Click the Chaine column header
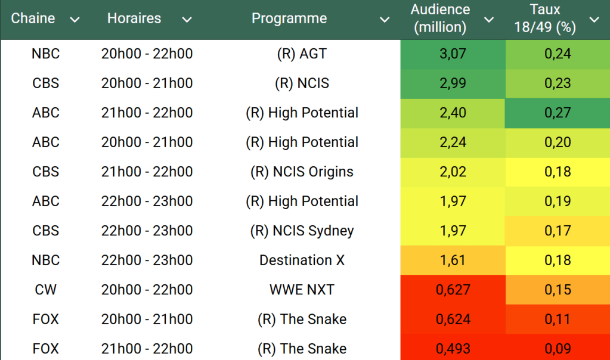(x=33, y=18)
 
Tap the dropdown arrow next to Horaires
(x=187, y=20)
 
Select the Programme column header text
(x=289, y=18)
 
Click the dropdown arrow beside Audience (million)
(x=489, y=20)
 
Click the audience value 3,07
(x=453, y=54)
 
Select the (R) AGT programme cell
(x=302, y=54)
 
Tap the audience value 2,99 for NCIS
(x=453, y=83)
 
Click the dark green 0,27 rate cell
(x=558, y=113)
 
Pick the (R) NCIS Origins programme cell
(x=302, y=172)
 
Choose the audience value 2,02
(x=453, y=172)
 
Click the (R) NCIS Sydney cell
(x=302, y=231)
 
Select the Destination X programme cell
(x=302, y=260)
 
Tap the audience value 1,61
(x=453, y=260)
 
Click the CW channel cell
(x=46, y=290)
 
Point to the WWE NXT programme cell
(x=302, y=290)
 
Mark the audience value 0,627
(x=453, y=290)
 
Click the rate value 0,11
(x=558, y=319)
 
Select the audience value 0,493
(x=453, y=349)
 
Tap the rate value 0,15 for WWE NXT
(x=558, y=290)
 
